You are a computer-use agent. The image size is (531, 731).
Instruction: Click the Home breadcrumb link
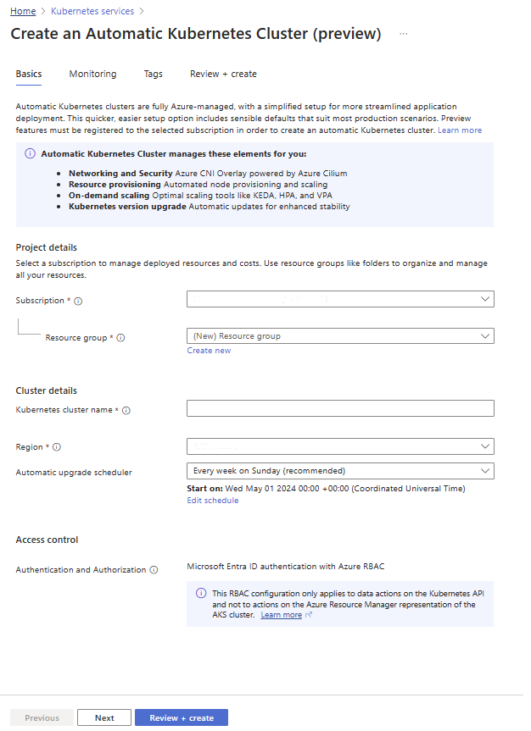coord(22,11)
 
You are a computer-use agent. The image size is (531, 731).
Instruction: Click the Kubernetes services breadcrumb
coord(93,11)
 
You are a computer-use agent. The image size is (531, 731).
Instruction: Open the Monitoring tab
coord(92,74)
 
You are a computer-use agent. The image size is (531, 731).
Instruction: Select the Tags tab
coord(153,74)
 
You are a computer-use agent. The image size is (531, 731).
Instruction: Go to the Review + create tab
coord(223,74)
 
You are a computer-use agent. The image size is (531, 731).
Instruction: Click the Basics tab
coord(29,74)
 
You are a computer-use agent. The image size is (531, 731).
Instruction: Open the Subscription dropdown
coord(340,299)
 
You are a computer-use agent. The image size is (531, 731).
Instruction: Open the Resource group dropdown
coord(340,336)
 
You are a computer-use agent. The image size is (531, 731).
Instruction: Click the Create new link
coord(209,351)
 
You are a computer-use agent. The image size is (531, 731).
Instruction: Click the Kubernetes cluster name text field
coord(340,409)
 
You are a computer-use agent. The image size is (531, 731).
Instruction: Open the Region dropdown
coord(340,446)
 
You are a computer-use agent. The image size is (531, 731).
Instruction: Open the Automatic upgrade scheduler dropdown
coord(340,471)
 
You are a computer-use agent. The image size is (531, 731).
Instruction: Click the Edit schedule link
coord(212,501)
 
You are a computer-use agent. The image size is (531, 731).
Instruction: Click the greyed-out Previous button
coord(42,718)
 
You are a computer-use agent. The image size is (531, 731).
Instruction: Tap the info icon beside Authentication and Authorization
coord(154,570)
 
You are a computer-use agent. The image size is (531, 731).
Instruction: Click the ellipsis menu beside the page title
coord(404,34)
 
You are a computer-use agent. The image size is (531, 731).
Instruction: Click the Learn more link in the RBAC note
coord(281,615)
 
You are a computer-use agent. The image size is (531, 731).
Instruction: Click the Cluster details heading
coord(47,390)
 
